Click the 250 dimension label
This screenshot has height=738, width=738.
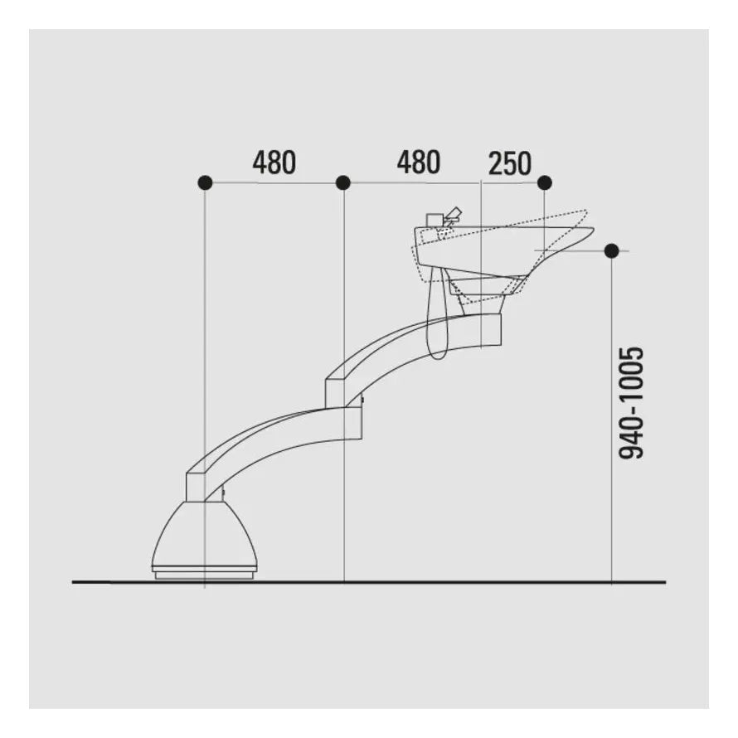point(510,163)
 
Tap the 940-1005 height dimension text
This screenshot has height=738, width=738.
point(631,403)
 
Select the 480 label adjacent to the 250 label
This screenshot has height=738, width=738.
point(419,163)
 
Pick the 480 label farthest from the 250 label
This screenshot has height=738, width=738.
point(274,163)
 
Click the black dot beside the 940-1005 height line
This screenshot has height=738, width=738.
point(611,251)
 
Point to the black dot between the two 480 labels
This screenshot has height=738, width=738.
point(343,182)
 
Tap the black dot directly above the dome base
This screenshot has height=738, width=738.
point(205,182)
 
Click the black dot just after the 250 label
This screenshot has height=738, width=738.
point(545,182)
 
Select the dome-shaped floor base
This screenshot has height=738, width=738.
point(205,534)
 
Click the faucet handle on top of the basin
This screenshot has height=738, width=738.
point(454,214)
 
